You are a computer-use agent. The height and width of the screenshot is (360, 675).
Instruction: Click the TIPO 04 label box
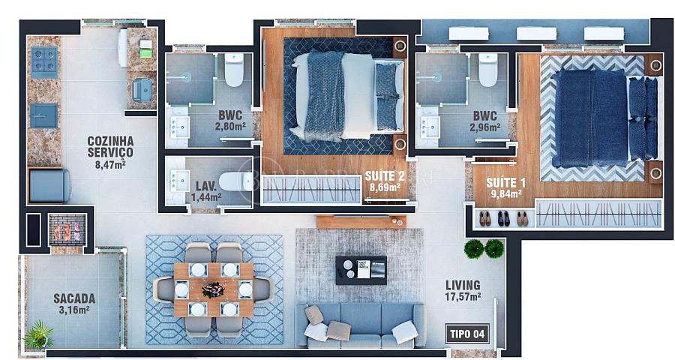(467, 334)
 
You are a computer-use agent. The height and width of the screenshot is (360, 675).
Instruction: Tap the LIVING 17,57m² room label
(463, 291)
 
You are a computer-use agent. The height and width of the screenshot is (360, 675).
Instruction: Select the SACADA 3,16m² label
(74, 304)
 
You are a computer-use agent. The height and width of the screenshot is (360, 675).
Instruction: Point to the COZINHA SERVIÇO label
(111, 152)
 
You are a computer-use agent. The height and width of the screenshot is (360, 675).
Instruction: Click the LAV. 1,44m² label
(206, 192)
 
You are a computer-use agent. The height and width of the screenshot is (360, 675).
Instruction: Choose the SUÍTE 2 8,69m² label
(385, 181)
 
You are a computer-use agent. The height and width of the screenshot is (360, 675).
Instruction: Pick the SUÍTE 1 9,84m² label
(505, 187)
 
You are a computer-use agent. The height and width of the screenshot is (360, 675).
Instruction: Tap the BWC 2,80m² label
(230, 121)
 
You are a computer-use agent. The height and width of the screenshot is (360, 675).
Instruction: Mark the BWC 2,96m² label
(484, 121)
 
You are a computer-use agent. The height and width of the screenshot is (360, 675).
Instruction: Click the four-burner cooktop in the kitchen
(44, 62)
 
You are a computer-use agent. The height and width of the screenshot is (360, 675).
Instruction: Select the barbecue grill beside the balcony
(67, 230)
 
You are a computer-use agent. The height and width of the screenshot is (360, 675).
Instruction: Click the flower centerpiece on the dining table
(213, 289)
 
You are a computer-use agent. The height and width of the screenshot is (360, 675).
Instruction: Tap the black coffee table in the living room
(361, 271)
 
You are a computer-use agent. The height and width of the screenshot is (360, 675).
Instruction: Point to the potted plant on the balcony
(39, 334)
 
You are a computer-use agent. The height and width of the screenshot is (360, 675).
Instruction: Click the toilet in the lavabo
(235, 181)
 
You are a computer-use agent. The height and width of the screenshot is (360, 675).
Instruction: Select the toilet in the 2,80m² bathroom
(234, 70)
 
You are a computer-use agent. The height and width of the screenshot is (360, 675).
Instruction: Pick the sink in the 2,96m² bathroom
(430, 127)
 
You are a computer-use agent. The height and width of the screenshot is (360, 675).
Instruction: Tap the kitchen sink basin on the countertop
(44, 115)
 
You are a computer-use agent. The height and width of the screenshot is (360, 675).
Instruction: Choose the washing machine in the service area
(49, 185)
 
